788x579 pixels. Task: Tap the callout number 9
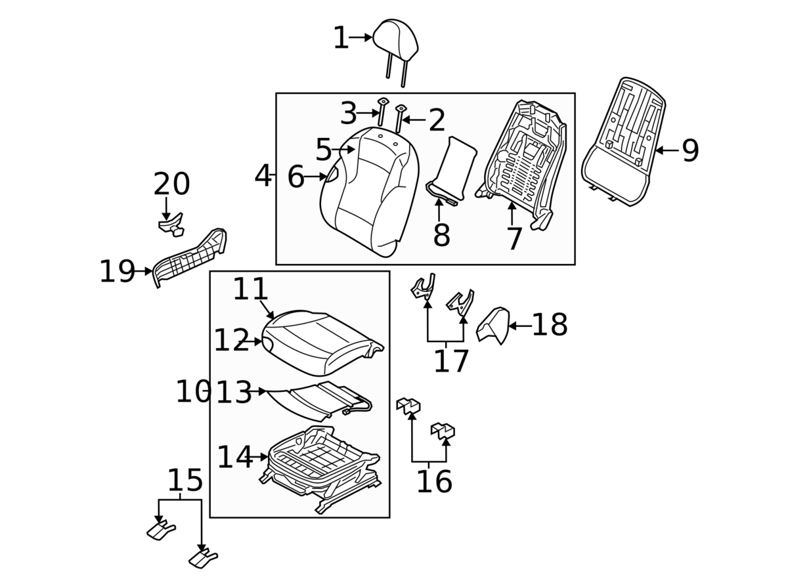pyautogui.click(x=690, y=151)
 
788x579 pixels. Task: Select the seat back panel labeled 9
pyautogui.click(x=624, y=141)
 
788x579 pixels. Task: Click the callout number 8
pyautogui.click(x=441, y=235)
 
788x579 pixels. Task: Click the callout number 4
pyautogui.click(x=263, y=175)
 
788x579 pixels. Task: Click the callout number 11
pyautogui.click(x=251, y=289)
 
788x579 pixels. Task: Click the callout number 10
pyautogui.click(x=192, y=392)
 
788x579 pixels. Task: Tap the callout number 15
pyautogui.click(x=185, y=481)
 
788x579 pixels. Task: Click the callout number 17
pyautogui.click(x=451, y=361)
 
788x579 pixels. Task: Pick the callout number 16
pyautogui.click(x=434, y=482)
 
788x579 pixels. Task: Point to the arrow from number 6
pyautogui.click(x=317, y=176)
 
